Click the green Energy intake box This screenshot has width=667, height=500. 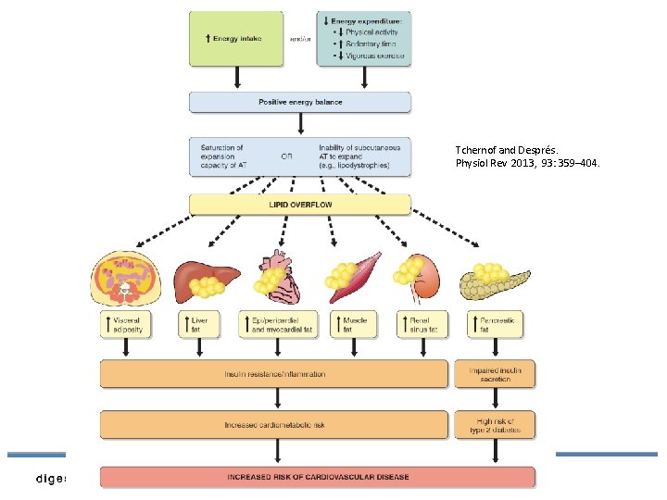236,38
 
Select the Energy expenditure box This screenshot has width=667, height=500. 364,38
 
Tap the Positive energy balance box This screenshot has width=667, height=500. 300,102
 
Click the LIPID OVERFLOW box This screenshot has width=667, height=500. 300,204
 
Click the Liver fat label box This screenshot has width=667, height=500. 197,324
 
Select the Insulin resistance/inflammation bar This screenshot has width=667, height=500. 275,374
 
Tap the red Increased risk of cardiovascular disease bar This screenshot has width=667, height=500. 318,477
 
